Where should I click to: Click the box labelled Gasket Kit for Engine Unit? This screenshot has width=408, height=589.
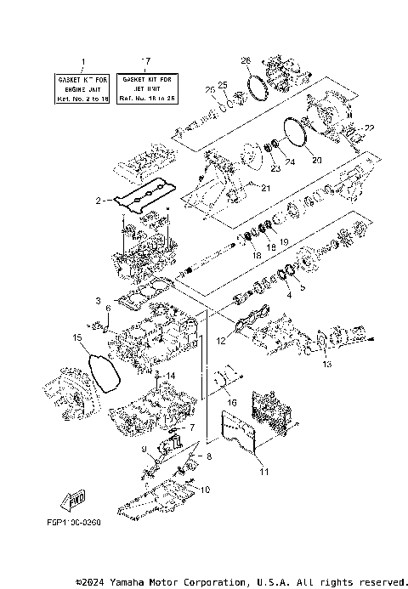pyautogui.click(x=82, y=88)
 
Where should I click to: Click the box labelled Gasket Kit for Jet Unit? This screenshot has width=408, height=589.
pyautogui.click(x=145, y=88)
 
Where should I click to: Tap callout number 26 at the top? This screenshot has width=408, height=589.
pyautogui.click(x=246, y=60)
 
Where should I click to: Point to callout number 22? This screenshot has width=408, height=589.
pyautogui.click(x=369, y=127)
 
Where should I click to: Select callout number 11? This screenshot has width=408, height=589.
pyautogui.click(x=263, y=471)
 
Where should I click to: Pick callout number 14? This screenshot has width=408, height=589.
pyautogui.click(x=171, y=376)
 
